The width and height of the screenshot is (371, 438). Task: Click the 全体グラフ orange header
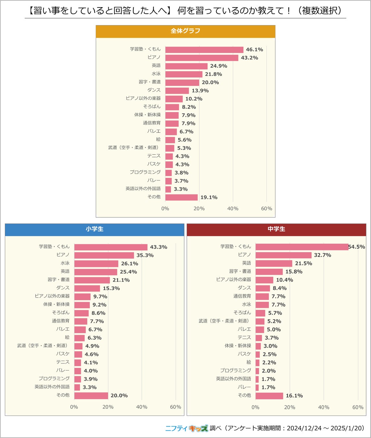coord(185,31)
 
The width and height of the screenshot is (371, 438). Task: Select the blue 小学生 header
coord(94,229)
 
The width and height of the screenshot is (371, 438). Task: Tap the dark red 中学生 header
coord(276,229)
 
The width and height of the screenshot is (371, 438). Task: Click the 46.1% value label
coord(254,50)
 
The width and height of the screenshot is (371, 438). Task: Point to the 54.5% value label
coord(356,247)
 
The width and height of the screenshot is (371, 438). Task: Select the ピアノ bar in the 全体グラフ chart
coord(202,58)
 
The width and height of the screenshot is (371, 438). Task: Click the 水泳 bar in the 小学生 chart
coord(96,263)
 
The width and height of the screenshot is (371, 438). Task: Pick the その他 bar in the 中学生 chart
coord(269,396)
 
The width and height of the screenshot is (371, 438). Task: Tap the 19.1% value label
coord(209,197)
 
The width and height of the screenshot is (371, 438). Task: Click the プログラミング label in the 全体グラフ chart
coord(145,172)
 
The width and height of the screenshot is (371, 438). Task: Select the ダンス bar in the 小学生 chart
coord(87,288)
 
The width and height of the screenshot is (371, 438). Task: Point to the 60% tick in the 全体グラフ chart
coord(267,209)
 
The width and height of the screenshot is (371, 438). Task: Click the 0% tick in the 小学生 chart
coord(74,407)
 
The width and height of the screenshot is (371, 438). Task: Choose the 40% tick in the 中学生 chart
coord(324,407)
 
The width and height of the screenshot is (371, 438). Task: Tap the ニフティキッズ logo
coord(186,428)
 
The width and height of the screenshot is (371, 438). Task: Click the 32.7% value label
coord(322,255)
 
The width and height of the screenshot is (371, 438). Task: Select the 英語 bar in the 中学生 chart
coord(274,263)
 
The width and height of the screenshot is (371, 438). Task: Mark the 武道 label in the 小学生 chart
coord(42,346)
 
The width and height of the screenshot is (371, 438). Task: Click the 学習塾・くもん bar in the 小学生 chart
coord(111,247)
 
